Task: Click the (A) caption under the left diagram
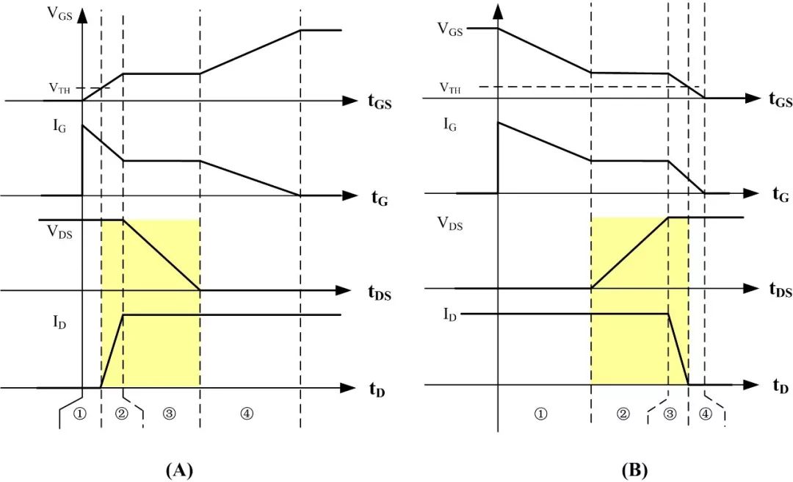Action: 179,470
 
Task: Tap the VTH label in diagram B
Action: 450,88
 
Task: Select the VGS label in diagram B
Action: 450,29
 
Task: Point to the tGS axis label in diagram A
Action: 380,101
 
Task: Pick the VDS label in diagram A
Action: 59,232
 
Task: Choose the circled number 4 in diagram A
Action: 247,414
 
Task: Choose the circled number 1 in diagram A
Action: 80,413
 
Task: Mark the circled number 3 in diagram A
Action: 170,414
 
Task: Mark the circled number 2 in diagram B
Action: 623,414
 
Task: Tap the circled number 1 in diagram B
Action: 540,414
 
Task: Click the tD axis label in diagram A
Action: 377,389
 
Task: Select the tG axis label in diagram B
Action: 780,195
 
